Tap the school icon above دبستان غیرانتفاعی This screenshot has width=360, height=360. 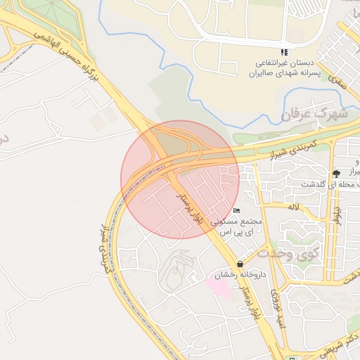284,52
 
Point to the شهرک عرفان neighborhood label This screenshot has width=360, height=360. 314,112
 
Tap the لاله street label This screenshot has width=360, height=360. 293,207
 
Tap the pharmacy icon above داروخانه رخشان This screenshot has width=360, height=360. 242,263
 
